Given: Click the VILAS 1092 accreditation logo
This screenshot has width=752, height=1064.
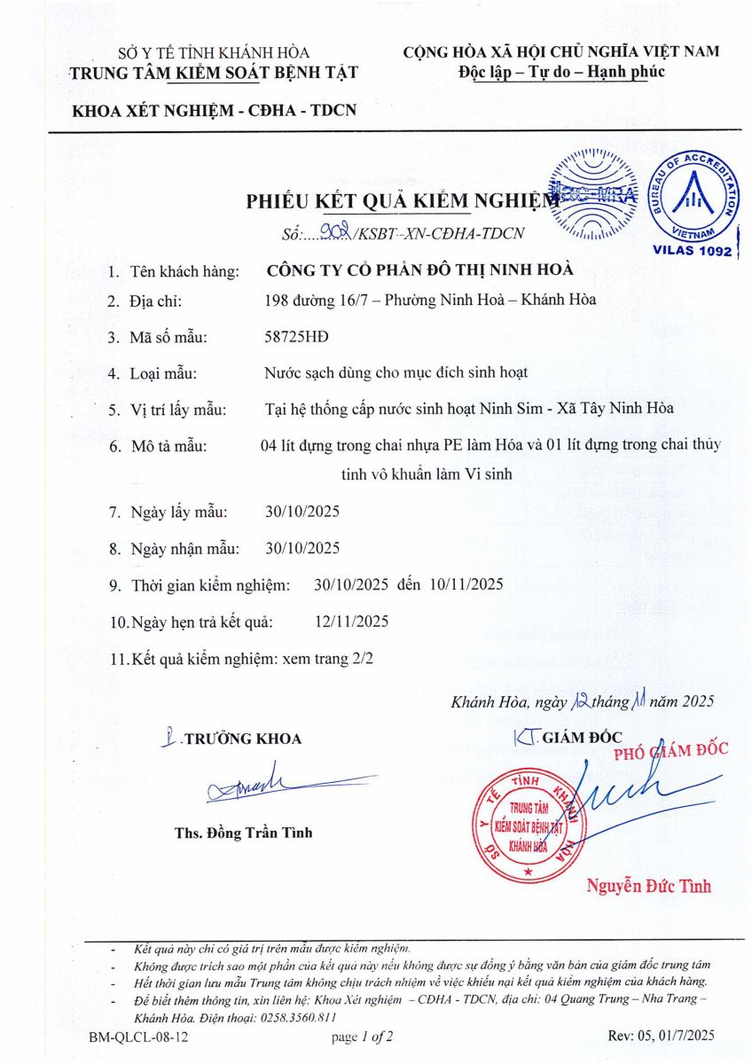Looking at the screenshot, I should tap(692, 206).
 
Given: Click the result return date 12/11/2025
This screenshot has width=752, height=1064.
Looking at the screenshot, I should tap(351, 621).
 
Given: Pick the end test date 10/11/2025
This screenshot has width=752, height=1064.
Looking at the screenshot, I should tap(466, 584).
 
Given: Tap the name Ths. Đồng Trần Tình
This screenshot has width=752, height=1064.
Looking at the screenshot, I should tap(243, 833).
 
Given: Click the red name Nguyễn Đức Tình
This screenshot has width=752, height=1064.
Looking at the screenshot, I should tap(648, 885).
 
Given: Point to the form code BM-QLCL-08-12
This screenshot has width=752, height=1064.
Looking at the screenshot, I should tap(137, 1036).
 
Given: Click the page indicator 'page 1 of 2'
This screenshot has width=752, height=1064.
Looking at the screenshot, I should tap(362, 1036).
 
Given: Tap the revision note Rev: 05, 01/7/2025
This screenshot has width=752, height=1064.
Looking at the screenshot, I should tap(662, 1036).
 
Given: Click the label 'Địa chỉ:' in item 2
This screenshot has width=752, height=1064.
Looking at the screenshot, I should tap(155, 300).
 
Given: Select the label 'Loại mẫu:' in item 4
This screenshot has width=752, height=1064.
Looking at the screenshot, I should tap(163, 372).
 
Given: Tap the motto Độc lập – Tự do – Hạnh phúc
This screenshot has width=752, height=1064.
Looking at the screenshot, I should tap(561, 72).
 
